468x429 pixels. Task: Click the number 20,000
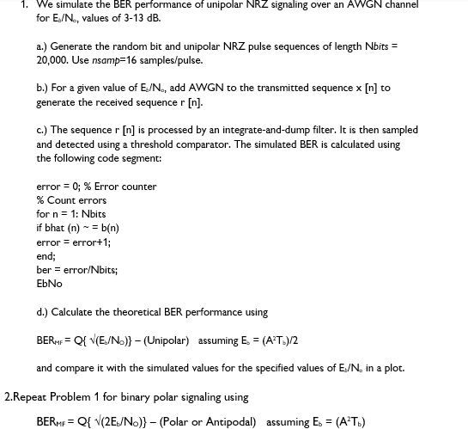(x=54, y=60)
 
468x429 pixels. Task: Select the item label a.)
(x=43, y=46)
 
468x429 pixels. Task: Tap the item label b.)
(x=43, y=88)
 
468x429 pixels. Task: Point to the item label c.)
(x=42, y=130)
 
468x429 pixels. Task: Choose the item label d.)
(x=43, y=312)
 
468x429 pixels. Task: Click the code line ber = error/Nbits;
(x=77, y=270)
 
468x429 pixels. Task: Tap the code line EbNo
(x=49, y=284)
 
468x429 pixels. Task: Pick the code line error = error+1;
(x=74, y=242)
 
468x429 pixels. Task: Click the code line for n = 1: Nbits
(x=71, y=214)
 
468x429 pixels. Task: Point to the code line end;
(x=46, y=256)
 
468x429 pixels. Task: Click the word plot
(x=394, y=368)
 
